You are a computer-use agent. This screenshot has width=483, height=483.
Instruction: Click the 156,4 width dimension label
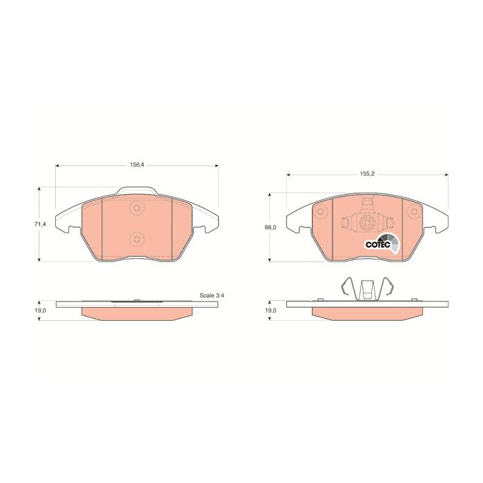click(137, 165)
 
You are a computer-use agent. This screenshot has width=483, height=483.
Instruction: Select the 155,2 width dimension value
click(367, 174)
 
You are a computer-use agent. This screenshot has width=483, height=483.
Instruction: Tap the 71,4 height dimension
click(40, 224)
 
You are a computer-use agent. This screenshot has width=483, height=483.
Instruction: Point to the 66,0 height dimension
click(270, 227)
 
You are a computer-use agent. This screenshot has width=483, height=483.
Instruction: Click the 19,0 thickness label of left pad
click(40, 310)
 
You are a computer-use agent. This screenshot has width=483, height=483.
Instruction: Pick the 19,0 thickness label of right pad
click(270, 310)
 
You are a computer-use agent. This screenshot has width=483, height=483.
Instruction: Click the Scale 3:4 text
click(212, 295)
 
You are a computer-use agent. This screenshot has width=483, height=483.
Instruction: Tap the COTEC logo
click(382, 244)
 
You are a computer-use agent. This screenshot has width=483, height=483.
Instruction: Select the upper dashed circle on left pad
click(137, 208)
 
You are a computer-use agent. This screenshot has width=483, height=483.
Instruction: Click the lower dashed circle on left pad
click(137, 239)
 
